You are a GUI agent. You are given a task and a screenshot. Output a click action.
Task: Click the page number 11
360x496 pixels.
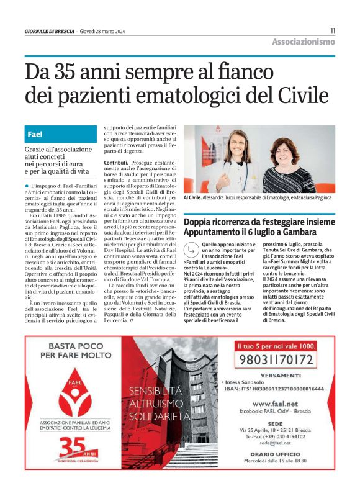(332, 30)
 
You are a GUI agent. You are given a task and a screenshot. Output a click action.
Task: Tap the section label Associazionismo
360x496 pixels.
(303, 42)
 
